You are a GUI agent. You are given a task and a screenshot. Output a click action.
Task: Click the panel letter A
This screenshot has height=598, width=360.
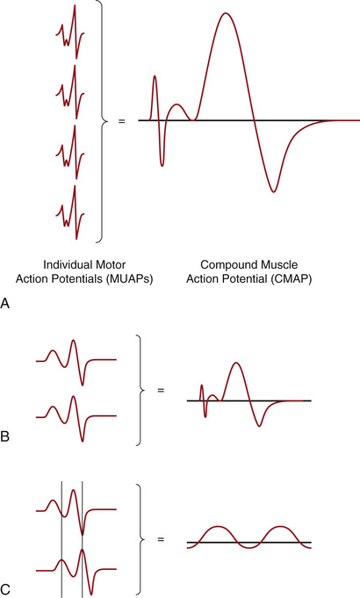[5, 304]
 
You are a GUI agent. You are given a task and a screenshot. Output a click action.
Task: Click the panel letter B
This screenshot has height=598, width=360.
[5, 436]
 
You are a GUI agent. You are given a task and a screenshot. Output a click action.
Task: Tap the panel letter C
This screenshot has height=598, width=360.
[5, 592]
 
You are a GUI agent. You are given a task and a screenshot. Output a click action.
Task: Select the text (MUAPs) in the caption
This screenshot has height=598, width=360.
[127, 279]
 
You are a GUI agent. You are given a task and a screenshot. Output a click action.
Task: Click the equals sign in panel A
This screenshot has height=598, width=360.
[122, 121]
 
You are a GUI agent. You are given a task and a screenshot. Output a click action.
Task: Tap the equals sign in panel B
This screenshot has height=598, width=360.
[161, 390]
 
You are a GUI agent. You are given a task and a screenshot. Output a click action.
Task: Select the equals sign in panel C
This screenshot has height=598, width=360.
[161, 540]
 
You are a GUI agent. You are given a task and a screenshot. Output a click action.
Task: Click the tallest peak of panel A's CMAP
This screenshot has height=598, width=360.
[226, 13]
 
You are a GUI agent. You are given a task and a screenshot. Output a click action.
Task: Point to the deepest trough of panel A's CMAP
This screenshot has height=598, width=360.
[273, 191]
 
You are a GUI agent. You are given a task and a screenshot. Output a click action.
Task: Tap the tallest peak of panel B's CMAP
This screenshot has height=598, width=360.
[236, 363]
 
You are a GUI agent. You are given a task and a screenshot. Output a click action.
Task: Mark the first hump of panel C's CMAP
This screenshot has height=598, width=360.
[218, 527]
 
